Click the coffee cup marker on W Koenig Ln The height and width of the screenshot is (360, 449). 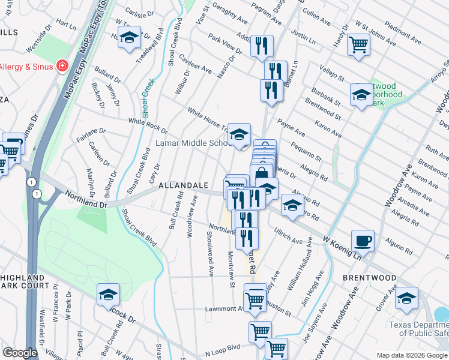(x=363, y=241)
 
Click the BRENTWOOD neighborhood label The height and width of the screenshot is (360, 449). (x=370, y=278)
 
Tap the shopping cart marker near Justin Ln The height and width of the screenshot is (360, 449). (x=358, y=43)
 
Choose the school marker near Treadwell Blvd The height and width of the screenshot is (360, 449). (x=129, y=37)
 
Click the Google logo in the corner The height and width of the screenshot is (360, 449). (x=20, y=352)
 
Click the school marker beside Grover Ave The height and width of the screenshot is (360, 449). (x=406, y=298)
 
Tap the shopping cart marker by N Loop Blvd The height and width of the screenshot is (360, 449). (x=276, y=348)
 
